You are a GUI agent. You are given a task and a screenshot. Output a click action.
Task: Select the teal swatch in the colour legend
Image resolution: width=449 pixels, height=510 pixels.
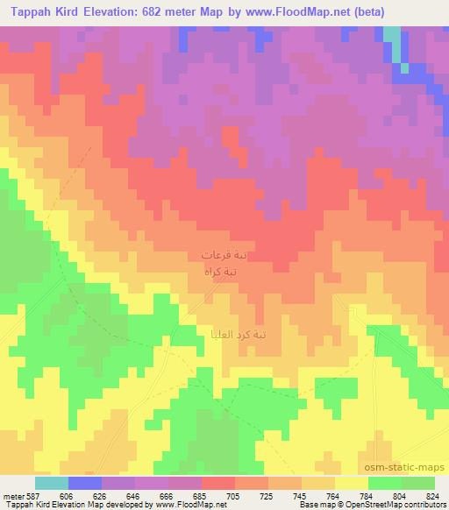tap(52, 483)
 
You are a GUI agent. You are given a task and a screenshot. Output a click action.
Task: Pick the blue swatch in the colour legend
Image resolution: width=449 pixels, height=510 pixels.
tap(85, 483)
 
